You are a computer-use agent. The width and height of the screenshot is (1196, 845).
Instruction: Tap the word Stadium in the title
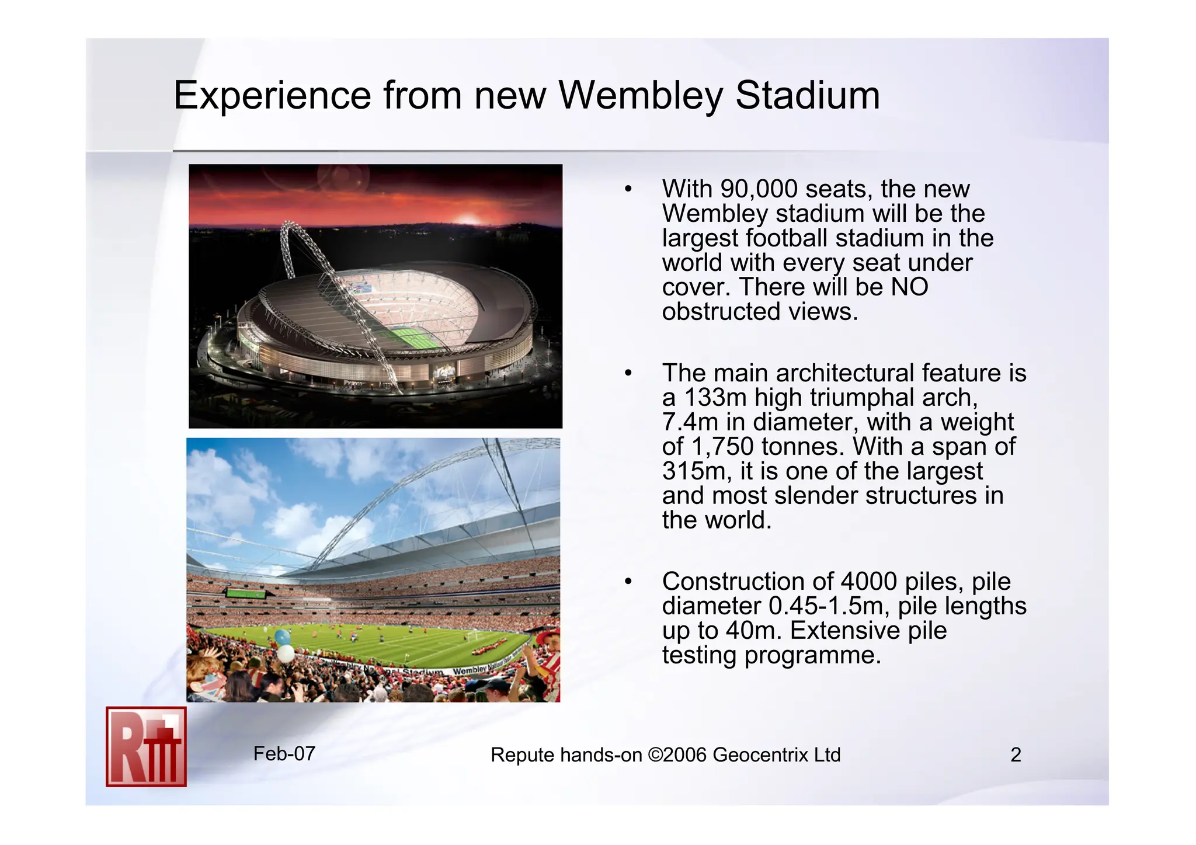[807, 95]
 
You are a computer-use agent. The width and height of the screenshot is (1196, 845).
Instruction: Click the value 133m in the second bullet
[715, 398]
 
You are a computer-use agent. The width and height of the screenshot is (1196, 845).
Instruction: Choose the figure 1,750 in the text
[722, 447]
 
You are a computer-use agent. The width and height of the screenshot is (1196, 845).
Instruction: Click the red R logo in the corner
[146, 747]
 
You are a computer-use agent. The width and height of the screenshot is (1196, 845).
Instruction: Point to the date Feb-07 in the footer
[284, 754]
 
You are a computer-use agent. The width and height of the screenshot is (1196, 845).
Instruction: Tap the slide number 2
[1016, 755]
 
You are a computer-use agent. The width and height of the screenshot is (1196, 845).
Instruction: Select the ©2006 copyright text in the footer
[677, 755]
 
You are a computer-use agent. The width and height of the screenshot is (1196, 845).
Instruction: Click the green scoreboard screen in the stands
[246, 594]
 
